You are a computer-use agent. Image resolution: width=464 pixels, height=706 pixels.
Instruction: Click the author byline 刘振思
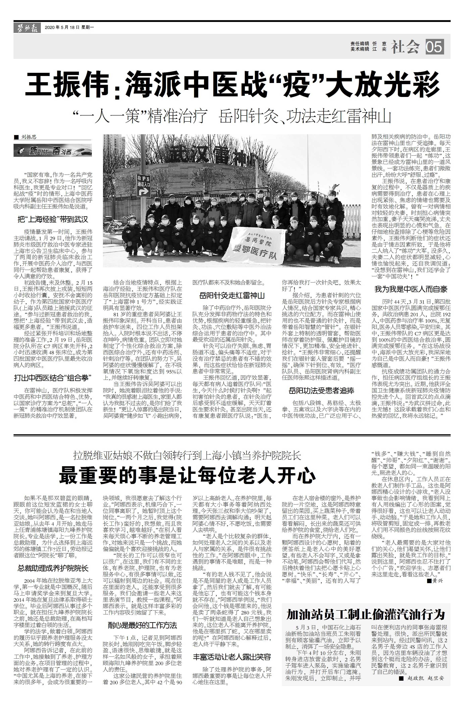[29, 137]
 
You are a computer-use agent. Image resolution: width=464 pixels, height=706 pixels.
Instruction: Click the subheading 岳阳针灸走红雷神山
[232, 295]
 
